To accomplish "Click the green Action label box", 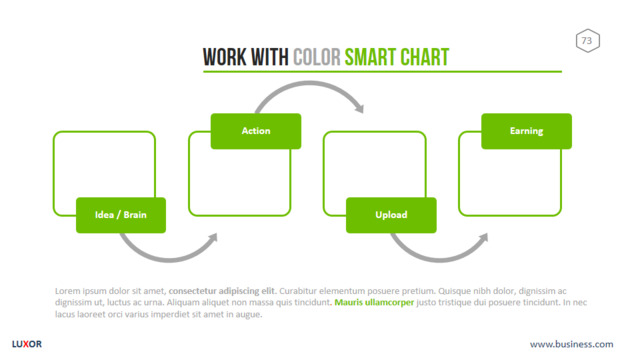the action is [x=256, y=131].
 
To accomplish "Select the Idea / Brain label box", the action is [x=121, y=215].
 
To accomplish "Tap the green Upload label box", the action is [x=391, y=215].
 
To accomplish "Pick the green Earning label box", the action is [x=527, y=131].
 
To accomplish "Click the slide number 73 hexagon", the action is [x=588, y=40].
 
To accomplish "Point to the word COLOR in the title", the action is [x=317, y=57].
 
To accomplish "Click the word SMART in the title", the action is [x=370, y=57].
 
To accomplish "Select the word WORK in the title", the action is [x=225, y=57].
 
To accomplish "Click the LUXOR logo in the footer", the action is [x=27, y=344].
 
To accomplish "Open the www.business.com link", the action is [x=571, y=344].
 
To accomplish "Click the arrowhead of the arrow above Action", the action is [x=360, y=107].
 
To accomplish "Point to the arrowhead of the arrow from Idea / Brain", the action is [x=213, y=238].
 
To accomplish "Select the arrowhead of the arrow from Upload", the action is [x=483, y=238].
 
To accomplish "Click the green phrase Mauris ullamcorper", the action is [x=374, y=302].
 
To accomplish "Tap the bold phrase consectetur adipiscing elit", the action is [x=222, y=291].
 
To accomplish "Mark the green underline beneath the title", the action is [x=382, y=72].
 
